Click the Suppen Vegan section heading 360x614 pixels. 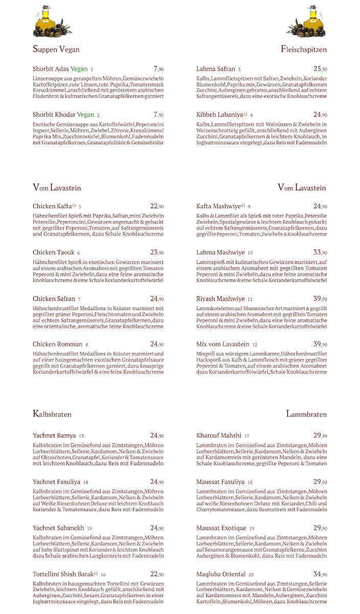point(56,49)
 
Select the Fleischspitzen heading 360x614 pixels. point(304,49)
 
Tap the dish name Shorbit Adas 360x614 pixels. point(51,69)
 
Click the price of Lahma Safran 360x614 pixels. point(320,69)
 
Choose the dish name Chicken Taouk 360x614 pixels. point(54,252)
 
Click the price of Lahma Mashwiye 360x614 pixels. point(320,252)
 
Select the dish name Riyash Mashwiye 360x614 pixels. point(220,298)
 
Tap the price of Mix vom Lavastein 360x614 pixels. point(320,344)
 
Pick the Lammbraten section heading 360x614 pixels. point(306,413)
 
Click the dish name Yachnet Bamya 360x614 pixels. point(54,435)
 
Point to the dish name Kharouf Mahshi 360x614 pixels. point(219,435)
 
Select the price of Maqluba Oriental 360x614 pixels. point(320,574)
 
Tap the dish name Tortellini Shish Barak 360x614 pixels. point(63,574)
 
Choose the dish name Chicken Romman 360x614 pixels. point(57,344)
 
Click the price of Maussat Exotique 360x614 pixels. point(320,528)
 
